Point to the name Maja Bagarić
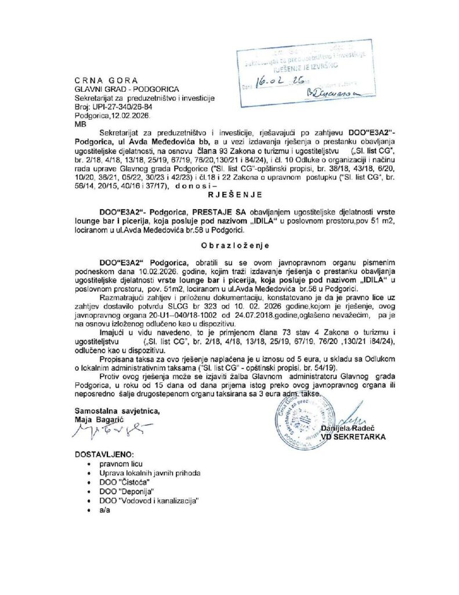point(98,418)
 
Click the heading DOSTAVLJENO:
point(104,453)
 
